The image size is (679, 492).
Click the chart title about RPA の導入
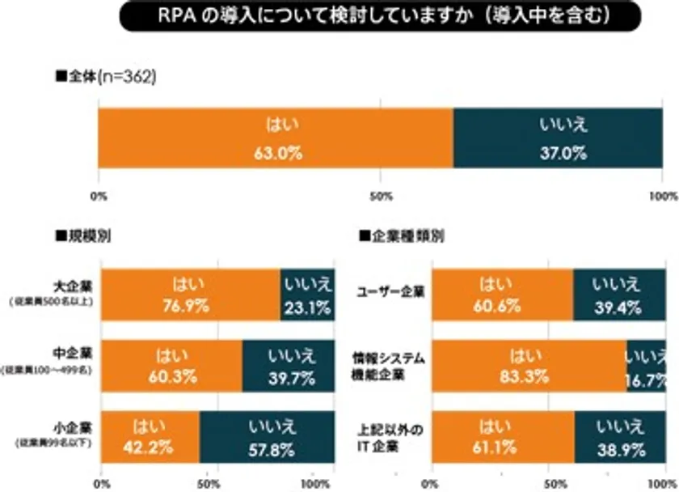(x=380, y=17)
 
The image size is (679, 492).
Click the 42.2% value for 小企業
(x=150, y=444)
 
